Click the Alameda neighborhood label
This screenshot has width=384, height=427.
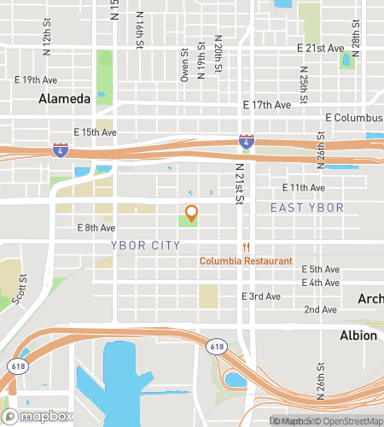(64, 99)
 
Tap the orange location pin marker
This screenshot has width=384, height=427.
(192, 213)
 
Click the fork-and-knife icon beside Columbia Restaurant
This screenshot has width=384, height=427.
(245, 247)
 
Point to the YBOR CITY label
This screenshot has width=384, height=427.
(146, 245)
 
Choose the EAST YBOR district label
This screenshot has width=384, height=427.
(306, 208)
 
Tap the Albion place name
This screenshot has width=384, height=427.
(358, 335)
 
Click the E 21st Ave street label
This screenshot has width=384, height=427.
(319, 49)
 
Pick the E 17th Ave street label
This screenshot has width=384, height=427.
(266, 105)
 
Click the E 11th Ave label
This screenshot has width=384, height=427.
(304, 187)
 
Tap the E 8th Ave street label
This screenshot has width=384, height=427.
(96, 228)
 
